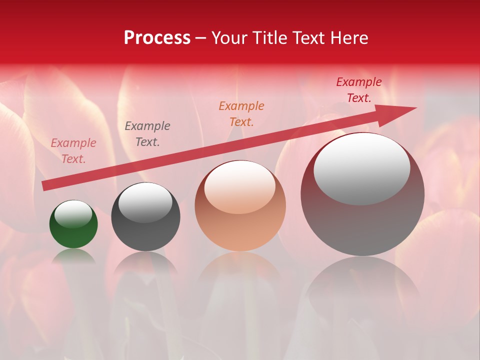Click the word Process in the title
pos(157,38)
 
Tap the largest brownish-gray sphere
pos(362,220)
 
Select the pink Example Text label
pos(73,151)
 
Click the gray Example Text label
pos(147,134)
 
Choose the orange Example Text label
pos(241,113)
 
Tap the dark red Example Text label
pos(359,90)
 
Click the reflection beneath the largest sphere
pos(362,285)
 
